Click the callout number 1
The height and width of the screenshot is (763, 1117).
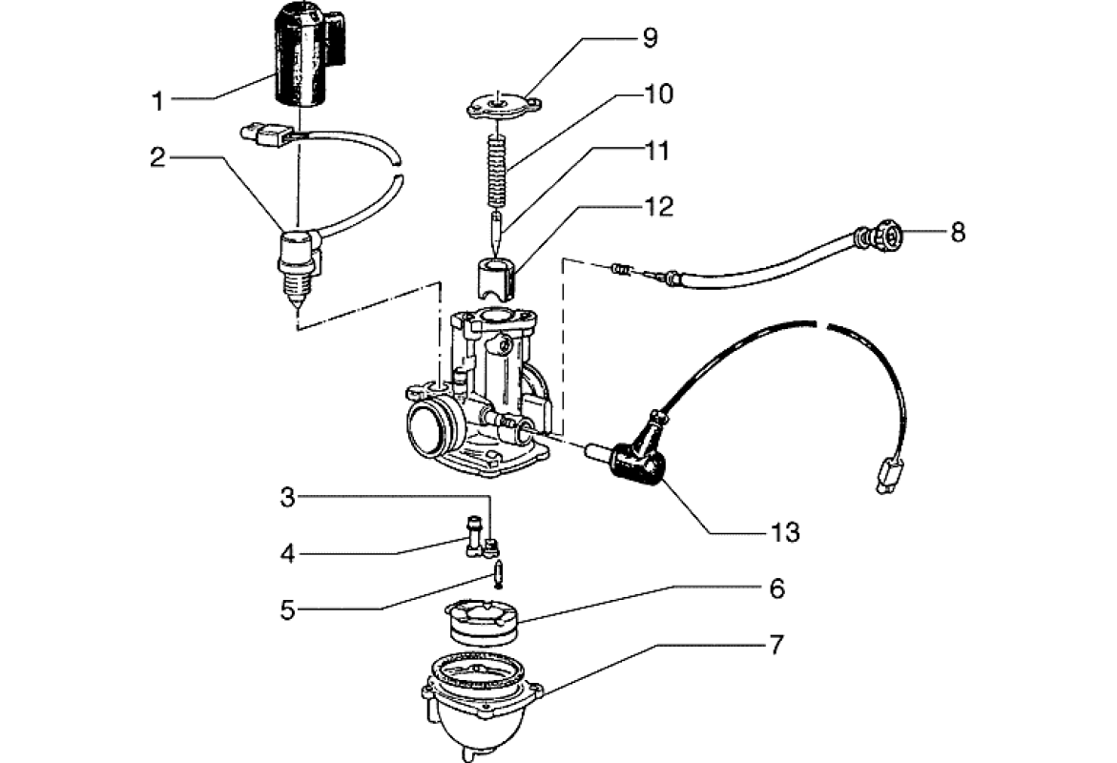(158, 99)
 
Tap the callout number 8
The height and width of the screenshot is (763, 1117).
(957, 232)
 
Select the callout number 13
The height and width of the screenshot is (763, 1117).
(787, 531)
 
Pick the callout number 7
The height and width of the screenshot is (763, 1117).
(776, 646)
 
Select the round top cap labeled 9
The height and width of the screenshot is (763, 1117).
(501, 107)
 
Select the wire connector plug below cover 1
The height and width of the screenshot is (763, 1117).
(269, 134)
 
